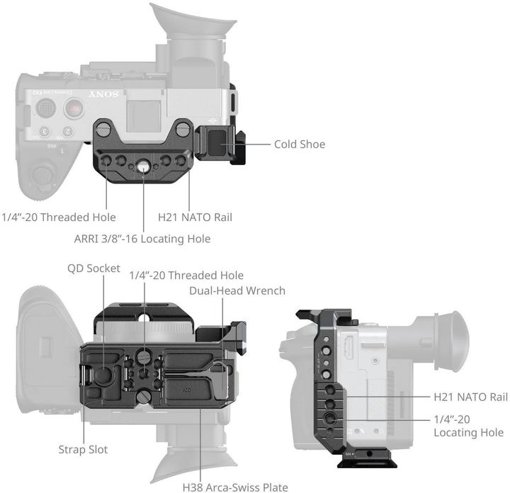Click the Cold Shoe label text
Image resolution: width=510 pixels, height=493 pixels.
click(x=300, y=144)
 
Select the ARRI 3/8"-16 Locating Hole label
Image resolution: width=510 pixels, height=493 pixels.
click(x=142, y=239)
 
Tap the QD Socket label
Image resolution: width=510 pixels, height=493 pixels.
click(x=93, y=269)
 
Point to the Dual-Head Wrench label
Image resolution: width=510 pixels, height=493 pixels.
click(x=237, y=290)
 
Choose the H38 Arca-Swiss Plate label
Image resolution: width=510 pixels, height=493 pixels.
click(x=235, y=487)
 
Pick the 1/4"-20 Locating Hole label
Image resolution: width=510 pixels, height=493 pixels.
click(x=468, y=426)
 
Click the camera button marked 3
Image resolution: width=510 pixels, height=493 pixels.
click(x=44, y=131)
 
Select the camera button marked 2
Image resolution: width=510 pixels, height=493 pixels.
click(x=68, y=131)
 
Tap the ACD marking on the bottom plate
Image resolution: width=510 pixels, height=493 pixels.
click(x=186, y=388)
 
